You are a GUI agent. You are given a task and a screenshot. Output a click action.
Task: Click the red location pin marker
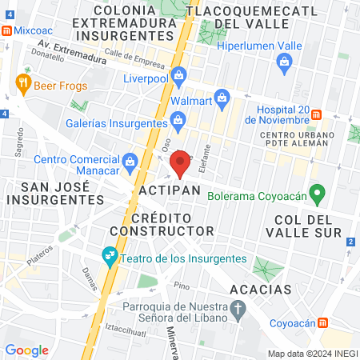pos(181,162)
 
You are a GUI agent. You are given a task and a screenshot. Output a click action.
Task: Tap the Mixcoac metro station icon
pos(6,30)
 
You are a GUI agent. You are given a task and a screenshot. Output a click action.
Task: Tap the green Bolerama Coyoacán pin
pos(318,192)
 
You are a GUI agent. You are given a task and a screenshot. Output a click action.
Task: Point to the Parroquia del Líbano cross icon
pos(238,308)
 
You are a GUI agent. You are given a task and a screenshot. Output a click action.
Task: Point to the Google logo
pos(27,350)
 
